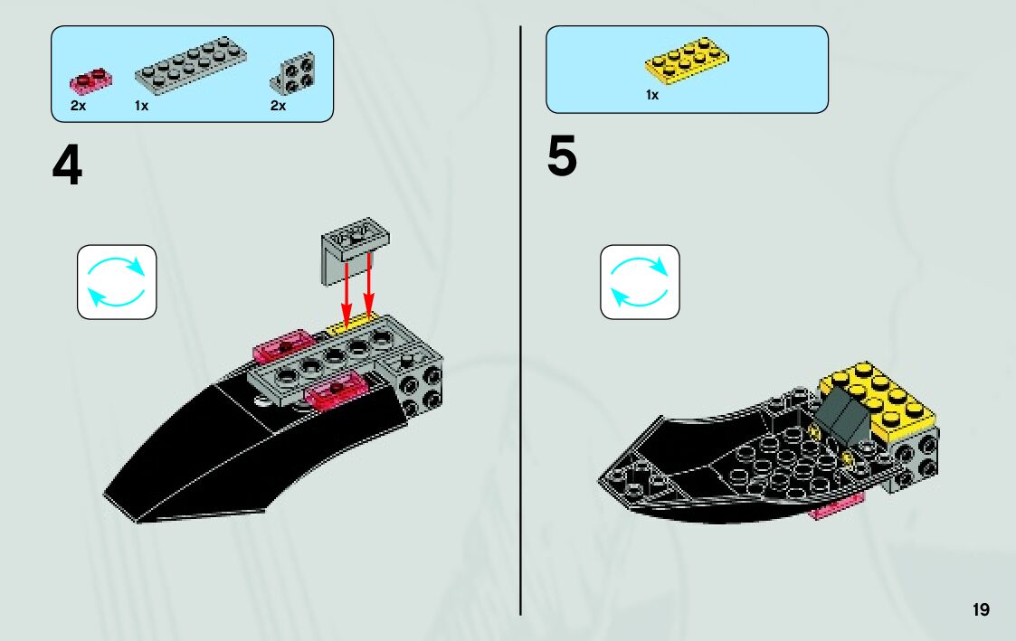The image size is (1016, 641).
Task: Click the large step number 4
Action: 67,167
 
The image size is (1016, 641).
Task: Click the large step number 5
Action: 561,157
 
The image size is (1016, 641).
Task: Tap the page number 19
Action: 981,610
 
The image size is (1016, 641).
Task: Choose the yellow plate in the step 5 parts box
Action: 686,59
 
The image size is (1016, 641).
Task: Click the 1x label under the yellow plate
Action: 651,95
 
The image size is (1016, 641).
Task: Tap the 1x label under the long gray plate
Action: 141,106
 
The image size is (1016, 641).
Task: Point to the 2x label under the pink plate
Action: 78,106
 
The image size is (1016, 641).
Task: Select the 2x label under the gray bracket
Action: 278,106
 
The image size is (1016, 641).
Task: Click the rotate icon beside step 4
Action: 117,281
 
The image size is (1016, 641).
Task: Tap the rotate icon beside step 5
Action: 639,281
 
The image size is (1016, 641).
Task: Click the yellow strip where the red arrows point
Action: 353,324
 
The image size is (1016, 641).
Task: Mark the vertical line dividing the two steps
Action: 521,316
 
